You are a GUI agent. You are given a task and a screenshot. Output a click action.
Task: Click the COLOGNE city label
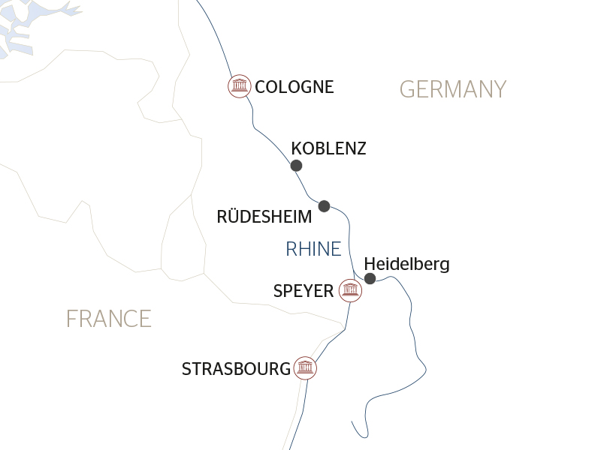point(294,87)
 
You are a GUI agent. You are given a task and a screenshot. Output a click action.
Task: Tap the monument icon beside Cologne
point(239,86)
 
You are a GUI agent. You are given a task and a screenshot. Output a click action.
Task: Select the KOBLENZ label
point(328,148)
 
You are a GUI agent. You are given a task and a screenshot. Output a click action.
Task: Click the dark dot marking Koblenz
point(296,166)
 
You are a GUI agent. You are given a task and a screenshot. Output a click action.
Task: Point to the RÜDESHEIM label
point(264,217)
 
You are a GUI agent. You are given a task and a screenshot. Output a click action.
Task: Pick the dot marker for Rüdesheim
point(325,205)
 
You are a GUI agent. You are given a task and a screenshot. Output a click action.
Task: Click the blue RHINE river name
point(313,249)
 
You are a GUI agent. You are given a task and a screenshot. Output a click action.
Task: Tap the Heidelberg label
point(406,264)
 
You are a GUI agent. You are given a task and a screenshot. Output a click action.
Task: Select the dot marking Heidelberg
point(370,279)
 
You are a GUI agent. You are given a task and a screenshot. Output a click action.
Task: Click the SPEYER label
point(304,291)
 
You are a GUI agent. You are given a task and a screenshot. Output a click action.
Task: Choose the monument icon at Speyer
point(349,289)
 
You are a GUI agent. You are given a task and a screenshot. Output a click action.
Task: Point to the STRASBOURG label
point(236,369)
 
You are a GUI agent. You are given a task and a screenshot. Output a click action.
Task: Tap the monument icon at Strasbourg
point(304,368)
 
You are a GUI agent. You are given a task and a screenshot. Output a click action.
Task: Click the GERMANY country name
point(453,90)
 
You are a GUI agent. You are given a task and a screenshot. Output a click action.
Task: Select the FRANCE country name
point(109,319)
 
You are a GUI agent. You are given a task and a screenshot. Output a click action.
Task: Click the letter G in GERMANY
point(407,90)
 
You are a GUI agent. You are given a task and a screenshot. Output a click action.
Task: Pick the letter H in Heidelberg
point(369,264)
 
